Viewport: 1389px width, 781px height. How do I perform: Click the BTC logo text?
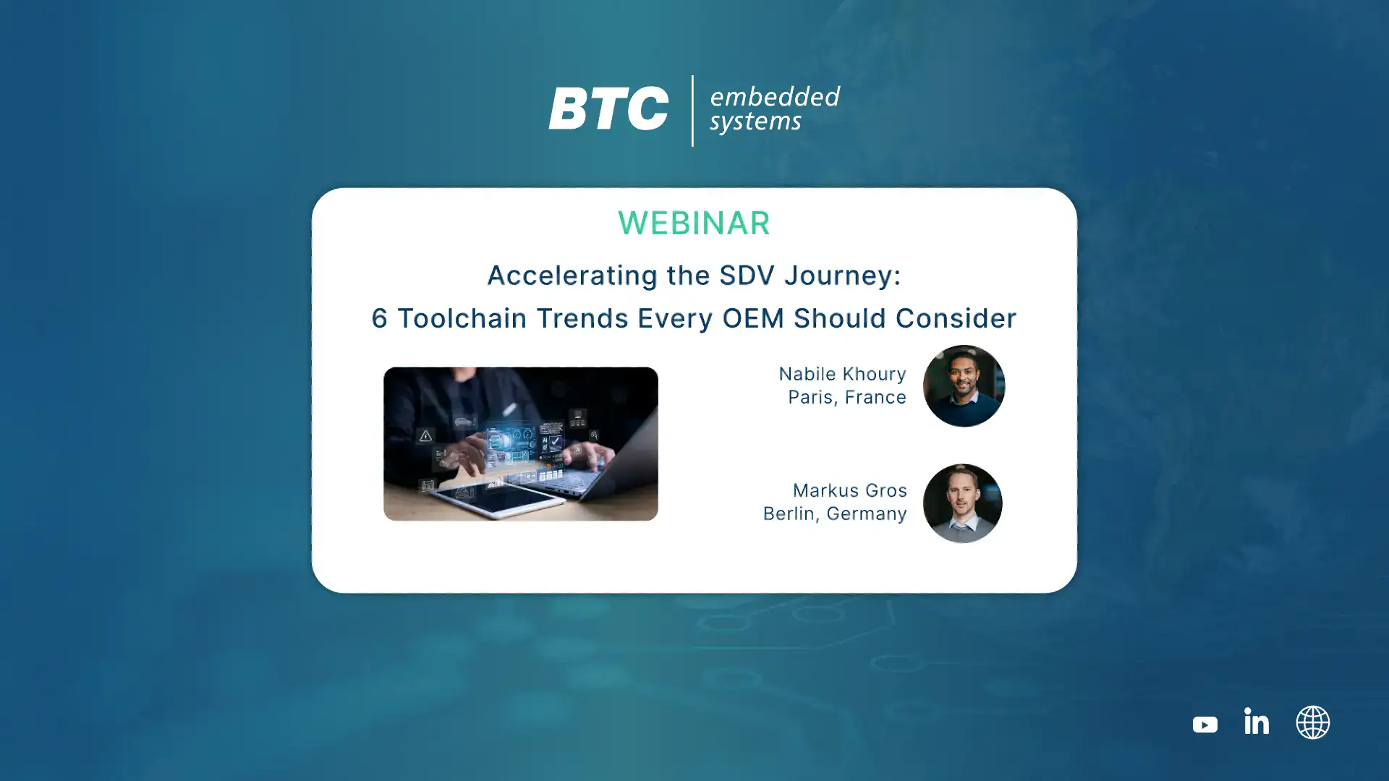pos(608,108)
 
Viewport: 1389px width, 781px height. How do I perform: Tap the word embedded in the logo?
pos(775,96)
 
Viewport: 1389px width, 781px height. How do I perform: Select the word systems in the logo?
pos(755,121)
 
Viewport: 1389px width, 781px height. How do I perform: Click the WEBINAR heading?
pos(694,223)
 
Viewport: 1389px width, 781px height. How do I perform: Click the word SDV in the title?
pos(747,275)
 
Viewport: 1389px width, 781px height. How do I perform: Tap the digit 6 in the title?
pos(380,318)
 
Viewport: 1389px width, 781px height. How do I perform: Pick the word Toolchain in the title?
pos(462,318)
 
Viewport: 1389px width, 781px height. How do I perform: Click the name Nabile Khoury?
pos(842,374)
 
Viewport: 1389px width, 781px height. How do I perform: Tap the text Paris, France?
pos(847,397)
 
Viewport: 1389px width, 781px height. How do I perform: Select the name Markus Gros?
pos(850,490)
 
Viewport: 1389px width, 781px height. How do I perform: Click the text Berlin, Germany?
pos(835,513)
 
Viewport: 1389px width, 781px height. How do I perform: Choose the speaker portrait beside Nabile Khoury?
pos(964,386)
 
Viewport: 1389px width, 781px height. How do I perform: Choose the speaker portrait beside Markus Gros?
pos(962,503)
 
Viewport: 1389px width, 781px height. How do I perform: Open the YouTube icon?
pos(1205,724)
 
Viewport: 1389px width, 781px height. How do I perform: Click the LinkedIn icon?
pos(1257,721)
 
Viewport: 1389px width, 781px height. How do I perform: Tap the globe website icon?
pos(1313,722)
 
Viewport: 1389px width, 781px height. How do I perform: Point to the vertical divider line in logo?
pos(692,111)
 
